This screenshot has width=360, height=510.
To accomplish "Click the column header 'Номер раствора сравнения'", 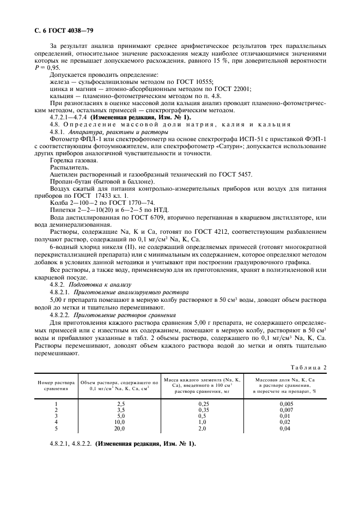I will (x=57, y=386).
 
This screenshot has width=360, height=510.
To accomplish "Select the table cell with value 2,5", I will (x=121, y=403).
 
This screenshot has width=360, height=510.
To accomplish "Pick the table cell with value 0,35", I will (x=203, y=409).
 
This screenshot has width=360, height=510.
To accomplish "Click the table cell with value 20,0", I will (x=121, y=429).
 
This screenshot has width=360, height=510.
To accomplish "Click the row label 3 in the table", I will (x=57, y=416).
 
